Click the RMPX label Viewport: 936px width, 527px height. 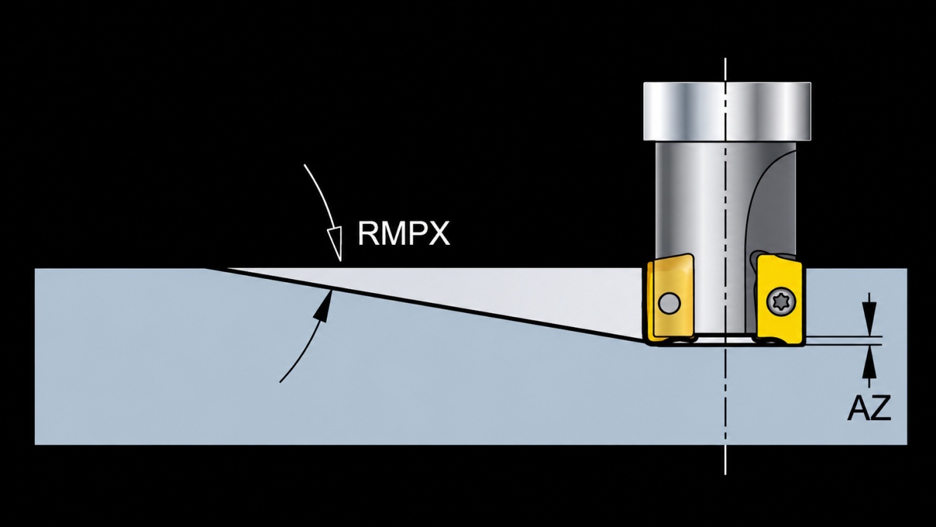coord(404,233)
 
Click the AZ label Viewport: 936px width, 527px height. coord(869,407)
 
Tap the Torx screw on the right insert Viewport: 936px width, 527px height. coord(782,302)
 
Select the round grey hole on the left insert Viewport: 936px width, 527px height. coord(669,303)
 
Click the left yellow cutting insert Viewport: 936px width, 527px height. coord(669,300)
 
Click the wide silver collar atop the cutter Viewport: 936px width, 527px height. coord(727,111)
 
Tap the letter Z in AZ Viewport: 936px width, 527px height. coord(881,407)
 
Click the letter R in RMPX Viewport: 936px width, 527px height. coord(366,233)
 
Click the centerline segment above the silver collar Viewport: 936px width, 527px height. coord(725,70)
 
